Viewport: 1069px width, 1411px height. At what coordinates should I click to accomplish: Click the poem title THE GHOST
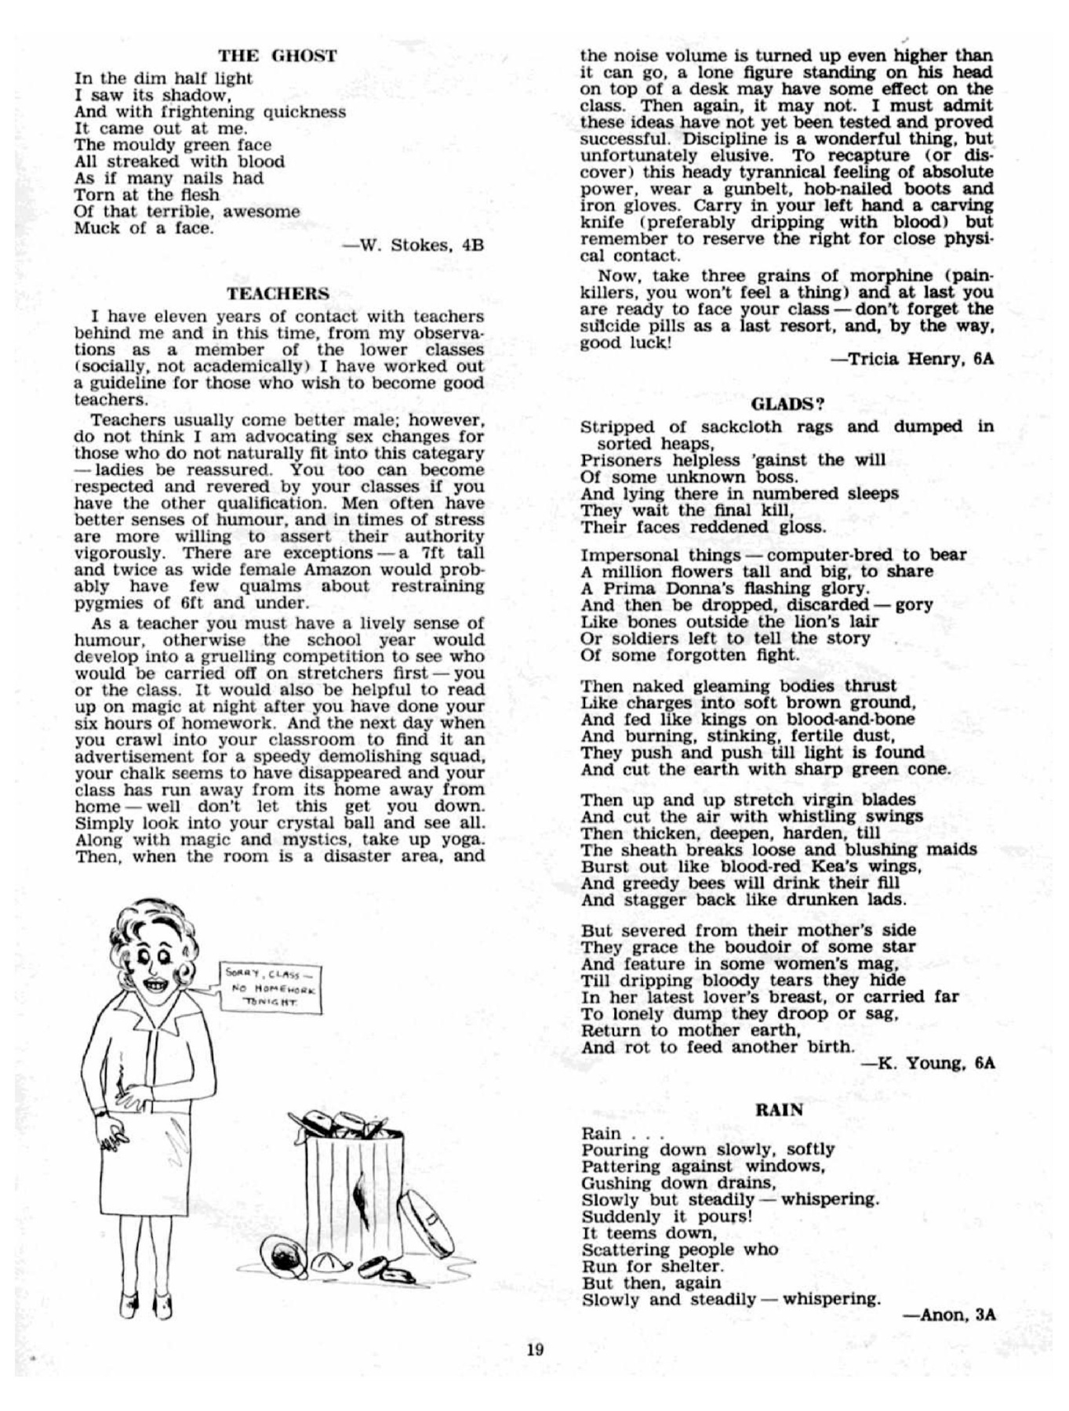(278, 56)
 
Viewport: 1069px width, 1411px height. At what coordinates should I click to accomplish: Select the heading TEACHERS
(278, 294)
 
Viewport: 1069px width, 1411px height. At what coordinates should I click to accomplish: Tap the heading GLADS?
(787, 404)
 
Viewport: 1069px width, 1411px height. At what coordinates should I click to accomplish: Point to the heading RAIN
(779, 1110)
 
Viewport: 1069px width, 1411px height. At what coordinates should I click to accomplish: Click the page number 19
(536, 1349)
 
